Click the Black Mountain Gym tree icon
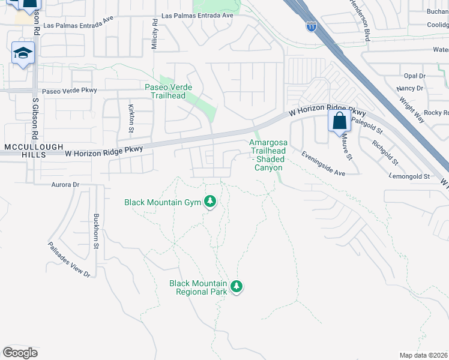coord(210,202)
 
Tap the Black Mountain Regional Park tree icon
coord(237,287)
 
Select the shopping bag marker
coord(339,121)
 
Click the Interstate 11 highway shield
coord(311,26)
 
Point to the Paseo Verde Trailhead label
coord(169,91)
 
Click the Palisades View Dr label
coord(70,265)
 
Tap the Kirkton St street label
coord(131,115)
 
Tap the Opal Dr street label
coord(414,76)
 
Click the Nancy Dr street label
coord(410,88)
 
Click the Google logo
coord(20,353)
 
